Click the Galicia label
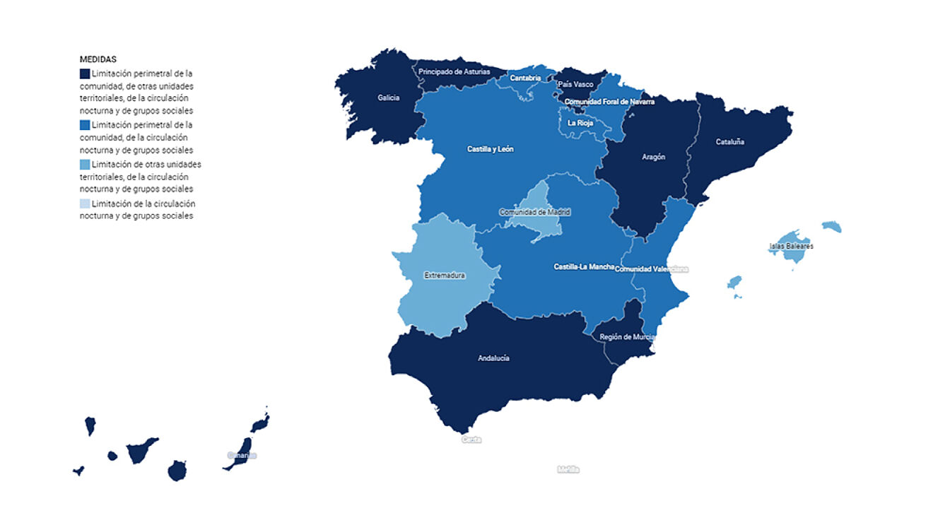[389, 98]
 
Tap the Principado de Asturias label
[454, 71]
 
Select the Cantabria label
[525, 78]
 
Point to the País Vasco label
[575, 84]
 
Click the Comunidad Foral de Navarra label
[609, 102]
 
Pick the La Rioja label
[580, 123]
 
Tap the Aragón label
[654, 157]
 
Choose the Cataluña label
[730, 142]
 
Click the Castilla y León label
[491, 150]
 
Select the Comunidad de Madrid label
[534, 212]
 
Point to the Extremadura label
[445, 276]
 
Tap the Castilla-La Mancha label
[584, 267]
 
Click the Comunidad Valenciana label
[652, 269]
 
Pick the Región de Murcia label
[627, 337]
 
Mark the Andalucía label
[493, 358]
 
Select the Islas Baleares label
[791, 247]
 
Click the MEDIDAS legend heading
[98, 59]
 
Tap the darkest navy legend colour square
[85, 73]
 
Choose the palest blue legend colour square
[85, 204]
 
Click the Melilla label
[568, 469]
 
